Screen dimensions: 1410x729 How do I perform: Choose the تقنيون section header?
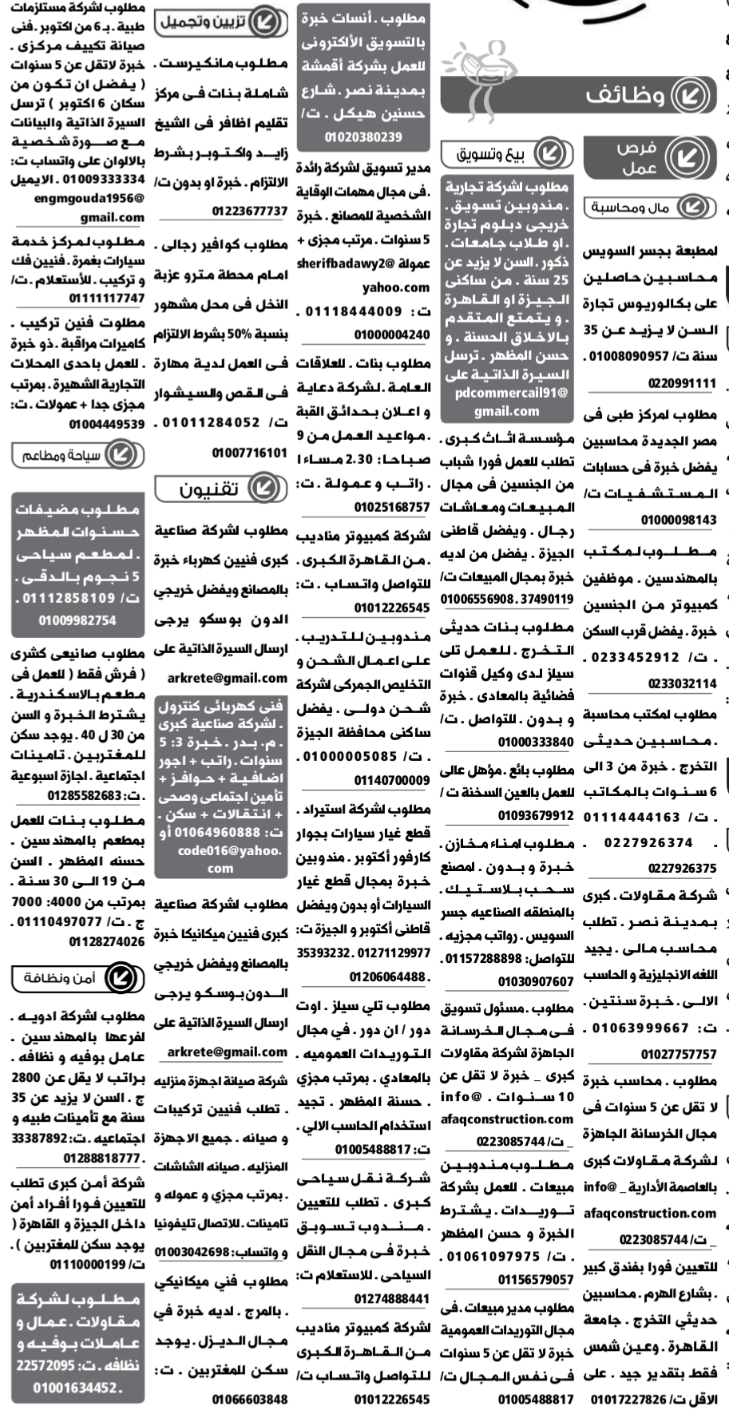[x=212, y=489]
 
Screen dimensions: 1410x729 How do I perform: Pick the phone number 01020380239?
[x=363, y=137]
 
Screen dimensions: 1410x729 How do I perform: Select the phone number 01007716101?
[x=249, y=453]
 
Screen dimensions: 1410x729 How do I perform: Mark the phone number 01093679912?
[x=536, y=815]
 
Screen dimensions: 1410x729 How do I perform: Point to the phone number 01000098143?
[x=678, y=521]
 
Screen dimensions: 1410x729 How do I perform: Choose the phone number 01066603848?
[x=249, y=1399]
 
